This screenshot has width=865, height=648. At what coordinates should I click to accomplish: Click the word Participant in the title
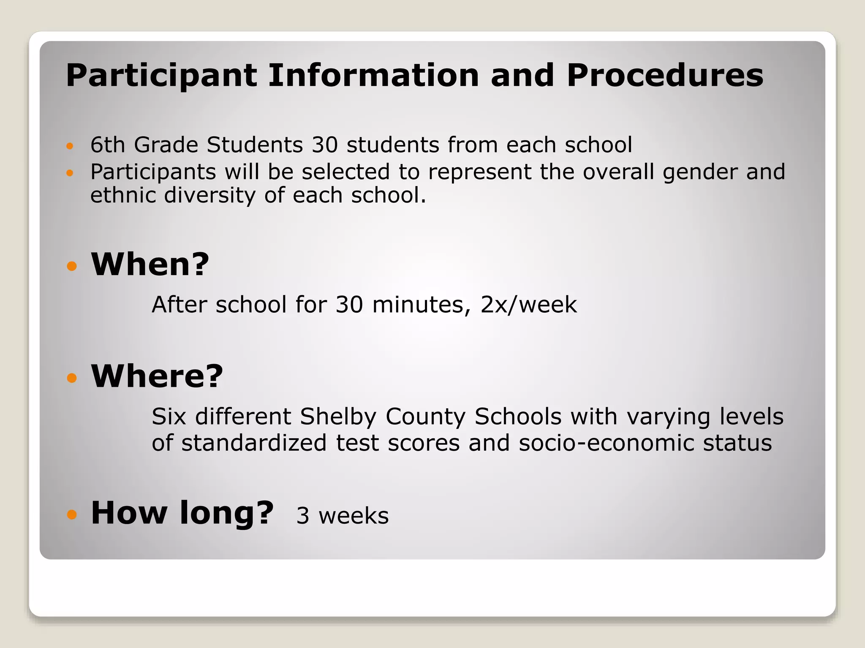pos(161,76)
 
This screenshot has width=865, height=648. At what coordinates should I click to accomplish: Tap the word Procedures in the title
pos(665,76)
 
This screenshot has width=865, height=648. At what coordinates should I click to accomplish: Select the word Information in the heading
pos(373,76)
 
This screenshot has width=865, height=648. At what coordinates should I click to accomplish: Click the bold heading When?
pos(150,265)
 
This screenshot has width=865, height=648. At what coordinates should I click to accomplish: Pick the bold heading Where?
pos(157,376)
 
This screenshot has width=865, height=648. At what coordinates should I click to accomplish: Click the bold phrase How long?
pos(182,513)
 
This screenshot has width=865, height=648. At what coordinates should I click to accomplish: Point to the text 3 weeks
pos(342,516)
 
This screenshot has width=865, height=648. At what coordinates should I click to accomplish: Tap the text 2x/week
pos(528,305)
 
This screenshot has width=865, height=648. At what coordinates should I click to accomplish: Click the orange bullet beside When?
pos(72,266)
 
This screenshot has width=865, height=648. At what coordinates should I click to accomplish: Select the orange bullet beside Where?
pos(72,378)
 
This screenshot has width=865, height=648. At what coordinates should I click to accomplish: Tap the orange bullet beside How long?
pos(72,514)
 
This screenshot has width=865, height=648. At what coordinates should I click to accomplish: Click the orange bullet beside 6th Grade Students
pos(70,146)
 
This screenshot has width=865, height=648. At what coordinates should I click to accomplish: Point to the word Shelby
pos(338,417)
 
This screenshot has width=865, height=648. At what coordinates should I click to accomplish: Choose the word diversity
pos(209,195)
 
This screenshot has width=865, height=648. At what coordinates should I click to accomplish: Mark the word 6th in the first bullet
pos(108,145)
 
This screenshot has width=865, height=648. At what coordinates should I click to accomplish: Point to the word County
pos(425,417)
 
